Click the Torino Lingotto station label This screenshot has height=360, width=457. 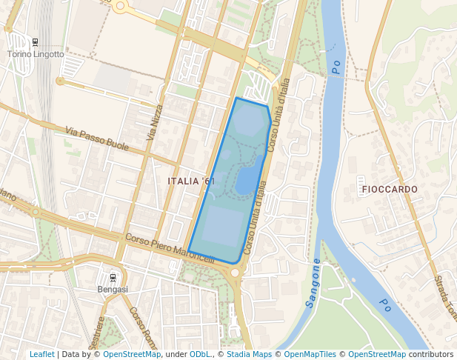36,54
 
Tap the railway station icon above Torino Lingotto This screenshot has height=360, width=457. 36,41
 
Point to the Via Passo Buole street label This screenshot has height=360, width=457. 96,139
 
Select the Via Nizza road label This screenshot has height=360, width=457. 153,121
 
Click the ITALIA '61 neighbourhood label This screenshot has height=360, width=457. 191,181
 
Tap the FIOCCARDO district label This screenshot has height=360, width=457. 390,190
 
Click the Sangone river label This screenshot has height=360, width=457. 313,283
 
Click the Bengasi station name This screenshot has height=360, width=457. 113,290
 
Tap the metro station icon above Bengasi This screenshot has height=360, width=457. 113,277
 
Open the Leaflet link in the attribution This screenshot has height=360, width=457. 42,354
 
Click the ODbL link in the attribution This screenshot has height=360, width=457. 199,354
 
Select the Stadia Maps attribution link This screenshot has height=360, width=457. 249,354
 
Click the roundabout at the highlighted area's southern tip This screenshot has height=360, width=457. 235,273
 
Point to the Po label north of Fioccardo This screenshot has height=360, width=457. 336,67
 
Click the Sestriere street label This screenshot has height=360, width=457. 96,332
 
